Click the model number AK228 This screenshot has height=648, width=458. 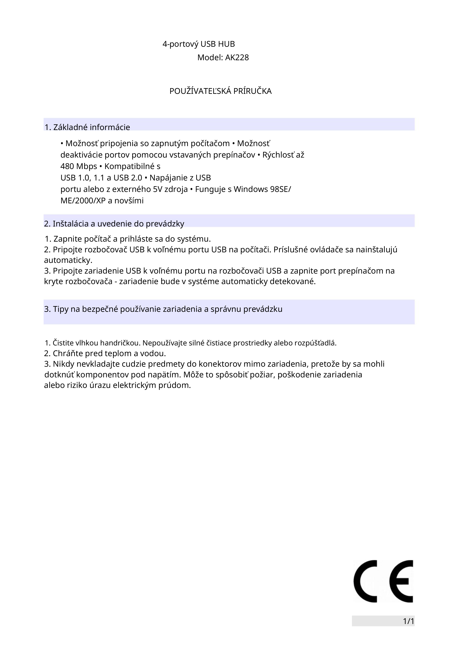pyautogui.click(x=237, y=58)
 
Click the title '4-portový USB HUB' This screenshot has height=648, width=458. pyautogui.click(x=199, y=44)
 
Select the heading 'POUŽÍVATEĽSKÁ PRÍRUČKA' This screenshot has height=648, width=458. pyautogui.click(x=220, y=91)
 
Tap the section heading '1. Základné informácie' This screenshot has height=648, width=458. pyautogui.click(x=87, y=127)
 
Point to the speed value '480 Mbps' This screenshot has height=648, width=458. pyautogui.click(x=79, y=166)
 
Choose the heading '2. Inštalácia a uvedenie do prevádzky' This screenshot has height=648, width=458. pyautogui.click(x=114, y=224)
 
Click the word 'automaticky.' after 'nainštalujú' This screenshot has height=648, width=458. pyautogui.click(x=68, y=260)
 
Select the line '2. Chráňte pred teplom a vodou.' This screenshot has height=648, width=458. pyautogui.click(x=105, y=353)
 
